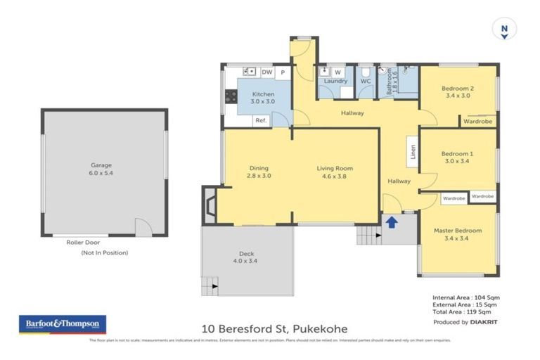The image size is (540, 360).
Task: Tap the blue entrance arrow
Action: pyautogui.click(x=391, y=223)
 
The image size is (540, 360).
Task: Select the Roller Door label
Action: pyautogui.click(x=83, y=242)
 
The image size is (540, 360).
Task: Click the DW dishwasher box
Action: pyautogui.click(x=266, y=72)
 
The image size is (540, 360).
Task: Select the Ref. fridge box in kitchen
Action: pyautogui.click(x=260, y=120)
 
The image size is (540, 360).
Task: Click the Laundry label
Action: pyautogui.click(x=335, y=81)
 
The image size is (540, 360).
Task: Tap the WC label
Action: pyautogui.click(x=366, y=81)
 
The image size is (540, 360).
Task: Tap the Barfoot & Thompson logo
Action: pyautogui.click(x=63, y=324)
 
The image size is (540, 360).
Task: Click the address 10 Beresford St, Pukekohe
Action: pyautogui.click(x=274, y=328)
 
